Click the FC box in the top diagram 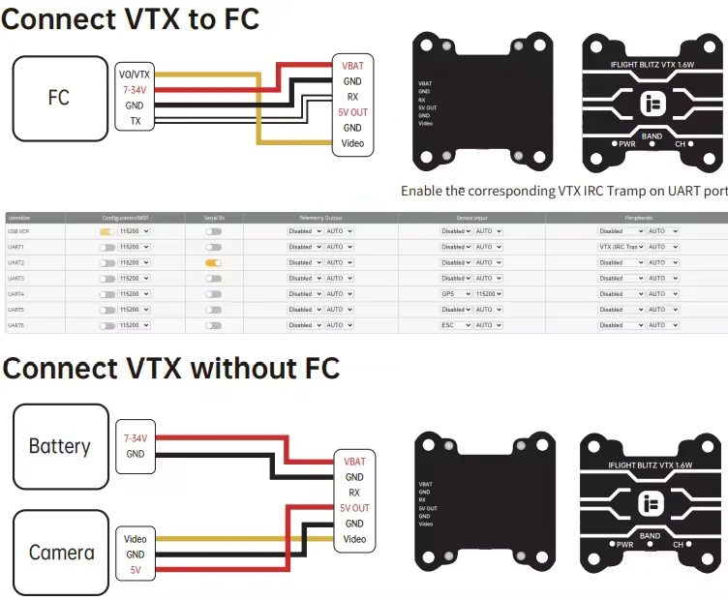58,98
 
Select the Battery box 60,446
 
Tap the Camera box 61,553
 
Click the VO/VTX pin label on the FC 135,75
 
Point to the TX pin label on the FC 135,121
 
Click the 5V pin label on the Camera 135,571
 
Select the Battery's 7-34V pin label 135,438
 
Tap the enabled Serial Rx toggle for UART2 213,262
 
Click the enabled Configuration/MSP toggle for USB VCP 106,231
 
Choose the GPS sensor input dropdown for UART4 456,293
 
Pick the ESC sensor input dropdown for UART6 456,325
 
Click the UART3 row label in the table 16,278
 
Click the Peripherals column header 636,219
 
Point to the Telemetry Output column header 319,219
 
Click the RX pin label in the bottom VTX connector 354,493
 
